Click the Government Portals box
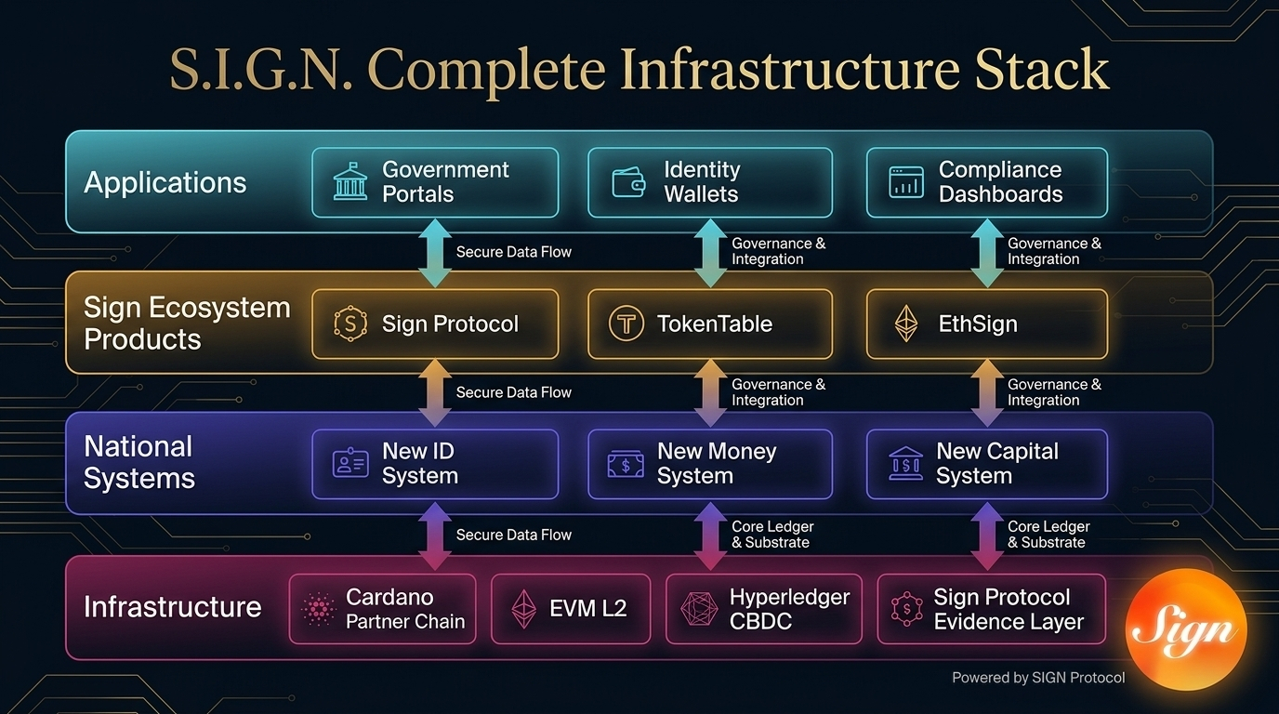pyautogui.click(x=435, y=182)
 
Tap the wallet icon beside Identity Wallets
pyautogui.click(x=629, y=182)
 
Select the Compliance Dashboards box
pyautogui.click(x=986, y=182)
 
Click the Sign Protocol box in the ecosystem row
pyautogui.click(x=435, y=324)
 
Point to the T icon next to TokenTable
pyautogui.click(x=626, y=324)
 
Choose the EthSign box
pyautogui.click(x=986, y=324)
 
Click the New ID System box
pyautogui.click(x=435, y=463)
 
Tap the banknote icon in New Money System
pyautogui.click(x=626, y=463)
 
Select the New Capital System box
pyautogui.click(x=986, y=463)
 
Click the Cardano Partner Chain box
pyautogui.click(x=382, y=609)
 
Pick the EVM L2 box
pyautogui.click(x=570, y=609)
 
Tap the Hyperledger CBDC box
pyautogui.click(x=763, y=609)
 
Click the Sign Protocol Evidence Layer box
pyautogui.click(x=991, y=609)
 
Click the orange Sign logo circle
pyautogui.click(x=1185, y=629)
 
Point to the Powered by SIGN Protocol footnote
pyautogui.click(x=1038, y=678)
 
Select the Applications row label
pyautogui.click(x=165, y=182)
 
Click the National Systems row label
pyautogui.click(x=139, y=462)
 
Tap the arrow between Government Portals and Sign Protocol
pyautogui.click(x=435, y=252)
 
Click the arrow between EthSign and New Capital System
pyautogui.click(x=986, y=392)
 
